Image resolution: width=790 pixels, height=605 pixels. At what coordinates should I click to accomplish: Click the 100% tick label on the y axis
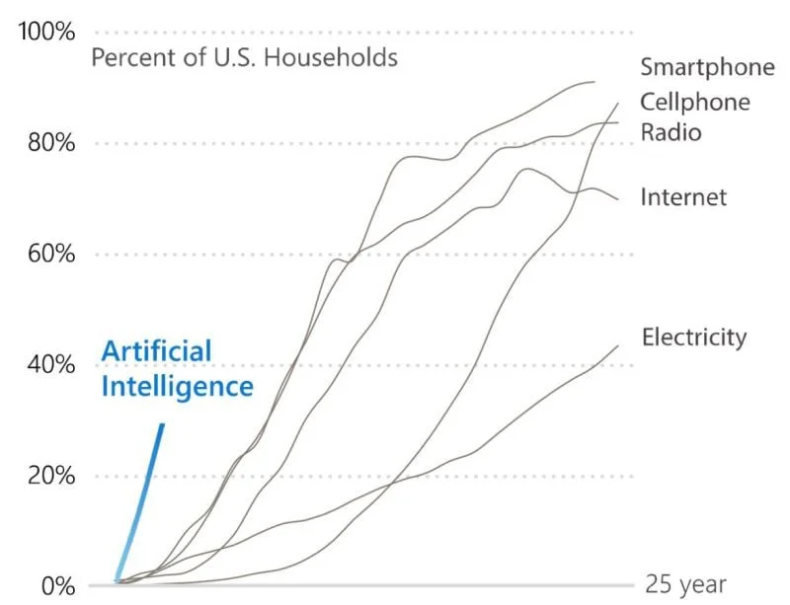46,32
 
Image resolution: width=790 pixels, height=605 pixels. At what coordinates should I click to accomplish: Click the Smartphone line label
707,68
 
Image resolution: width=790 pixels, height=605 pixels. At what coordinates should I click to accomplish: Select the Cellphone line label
695,102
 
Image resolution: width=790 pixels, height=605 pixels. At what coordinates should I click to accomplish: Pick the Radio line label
671,132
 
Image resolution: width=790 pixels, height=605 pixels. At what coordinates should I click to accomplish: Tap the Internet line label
683,197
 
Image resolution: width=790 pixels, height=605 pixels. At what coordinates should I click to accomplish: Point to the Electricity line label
694,338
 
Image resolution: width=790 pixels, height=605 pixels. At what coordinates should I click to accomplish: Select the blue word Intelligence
177,386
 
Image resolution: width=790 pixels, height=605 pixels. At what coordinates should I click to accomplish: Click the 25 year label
686,583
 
